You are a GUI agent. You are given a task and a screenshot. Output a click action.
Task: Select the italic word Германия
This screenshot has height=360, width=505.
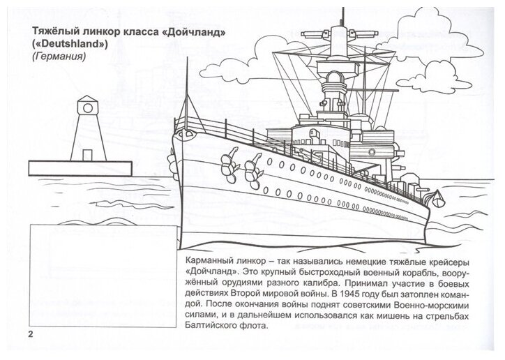click(53, 59)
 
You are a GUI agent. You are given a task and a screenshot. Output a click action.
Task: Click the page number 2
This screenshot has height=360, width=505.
click(30, 333)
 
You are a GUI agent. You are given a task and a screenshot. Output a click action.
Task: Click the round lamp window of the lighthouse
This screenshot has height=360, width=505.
click(86, 107)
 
